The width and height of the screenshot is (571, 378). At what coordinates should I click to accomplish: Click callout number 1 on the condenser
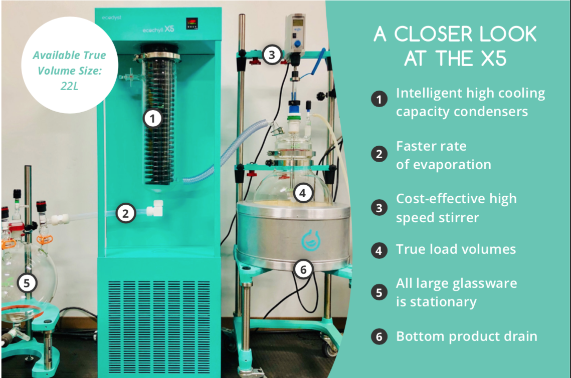pos(152,118)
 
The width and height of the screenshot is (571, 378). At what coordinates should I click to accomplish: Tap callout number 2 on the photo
pos(126,213)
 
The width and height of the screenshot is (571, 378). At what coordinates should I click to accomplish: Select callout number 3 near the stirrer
pos(272,55)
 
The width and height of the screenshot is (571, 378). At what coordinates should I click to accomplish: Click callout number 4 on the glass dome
pos(303,193)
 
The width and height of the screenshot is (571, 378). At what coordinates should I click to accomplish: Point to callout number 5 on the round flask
pos(26,283)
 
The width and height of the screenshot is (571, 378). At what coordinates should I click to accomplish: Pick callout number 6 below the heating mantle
pos(303,269)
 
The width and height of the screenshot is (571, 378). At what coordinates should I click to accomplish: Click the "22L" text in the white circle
pos(69,86)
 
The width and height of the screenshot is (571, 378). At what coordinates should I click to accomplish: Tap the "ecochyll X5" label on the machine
pos(158,29)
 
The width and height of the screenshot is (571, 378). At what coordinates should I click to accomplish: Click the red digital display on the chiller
pos(192,24)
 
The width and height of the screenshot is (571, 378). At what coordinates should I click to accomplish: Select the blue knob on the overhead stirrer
pos(297,44)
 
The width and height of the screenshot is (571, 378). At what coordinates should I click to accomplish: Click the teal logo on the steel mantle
pos(311,240)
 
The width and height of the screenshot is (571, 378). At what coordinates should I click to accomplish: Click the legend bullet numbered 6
pos(378,336)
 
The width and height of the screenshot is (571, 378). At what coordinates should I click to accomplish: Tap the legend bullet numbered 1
pos(378,99)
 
